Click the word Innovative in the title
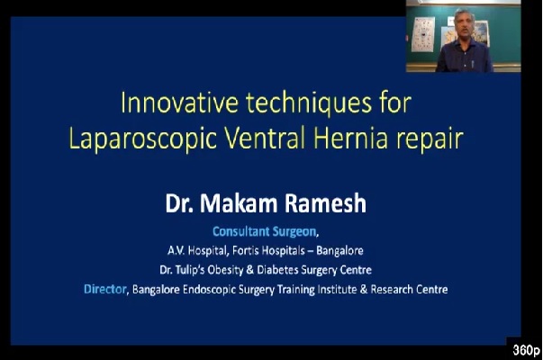point(179,103)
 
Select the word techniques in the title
point(309,103)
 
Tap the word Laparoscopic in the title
point(143,139)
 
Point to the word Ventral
point(265,138)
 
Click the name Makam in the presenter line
point(239,203)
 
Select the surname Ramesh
point(325,203)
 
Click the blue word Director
point(105,289)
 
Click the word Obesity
point(225,270)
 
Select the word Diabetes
point(277,270)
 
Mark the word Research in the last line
point(392,289)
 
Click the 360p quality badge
point(526,350)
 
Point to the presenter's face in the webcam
point(464,25)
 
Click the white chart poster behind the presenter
point(423,34)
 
